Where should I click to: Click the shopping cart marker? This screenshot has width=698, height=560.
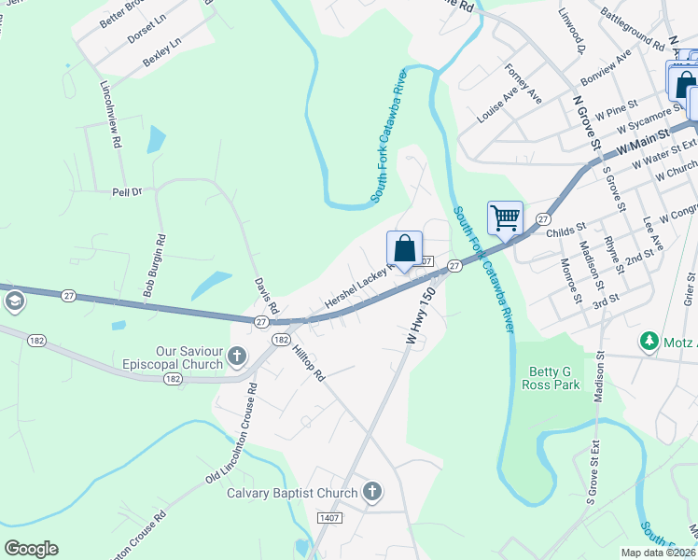coord(505,218)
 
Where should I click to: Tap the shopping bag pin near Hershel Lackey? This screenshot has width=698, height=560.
coord(404,249)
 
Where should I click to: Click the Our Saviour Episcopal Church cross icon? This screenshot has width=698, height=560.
coord(237,356)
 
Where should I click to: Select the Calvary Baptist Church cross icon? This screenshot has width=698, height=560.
coord(371,492)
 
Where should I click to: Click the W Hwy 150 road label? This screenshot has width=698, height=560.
coord(421,317)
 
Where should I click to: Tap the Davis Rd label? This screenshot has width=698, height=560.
coord(267,295)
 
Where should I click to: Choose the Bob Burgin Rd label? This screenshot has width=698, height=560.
coord(155,266)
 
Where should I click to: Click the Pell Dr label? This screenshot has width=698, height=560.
coord(125,190)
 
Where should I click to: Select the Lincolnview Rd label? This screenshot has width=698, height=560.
coord(110,115)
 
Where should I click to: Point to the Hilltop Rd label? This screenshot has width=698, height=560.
coord(305,360)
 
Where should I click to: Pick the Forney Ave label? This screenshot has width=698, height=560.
coord(523,82)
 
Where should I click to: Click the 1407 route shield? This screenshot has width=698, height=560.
coord(329,518)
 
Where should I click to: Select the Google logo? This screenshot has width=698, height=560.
coord(31,549)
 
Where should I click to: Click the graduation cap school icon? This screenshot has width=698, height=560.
coord(15,301)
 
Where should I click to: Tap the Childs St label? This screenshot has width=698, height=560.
coord(565,227)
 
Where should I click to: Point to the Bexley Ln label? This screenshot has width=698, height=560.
coord(162,52)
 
